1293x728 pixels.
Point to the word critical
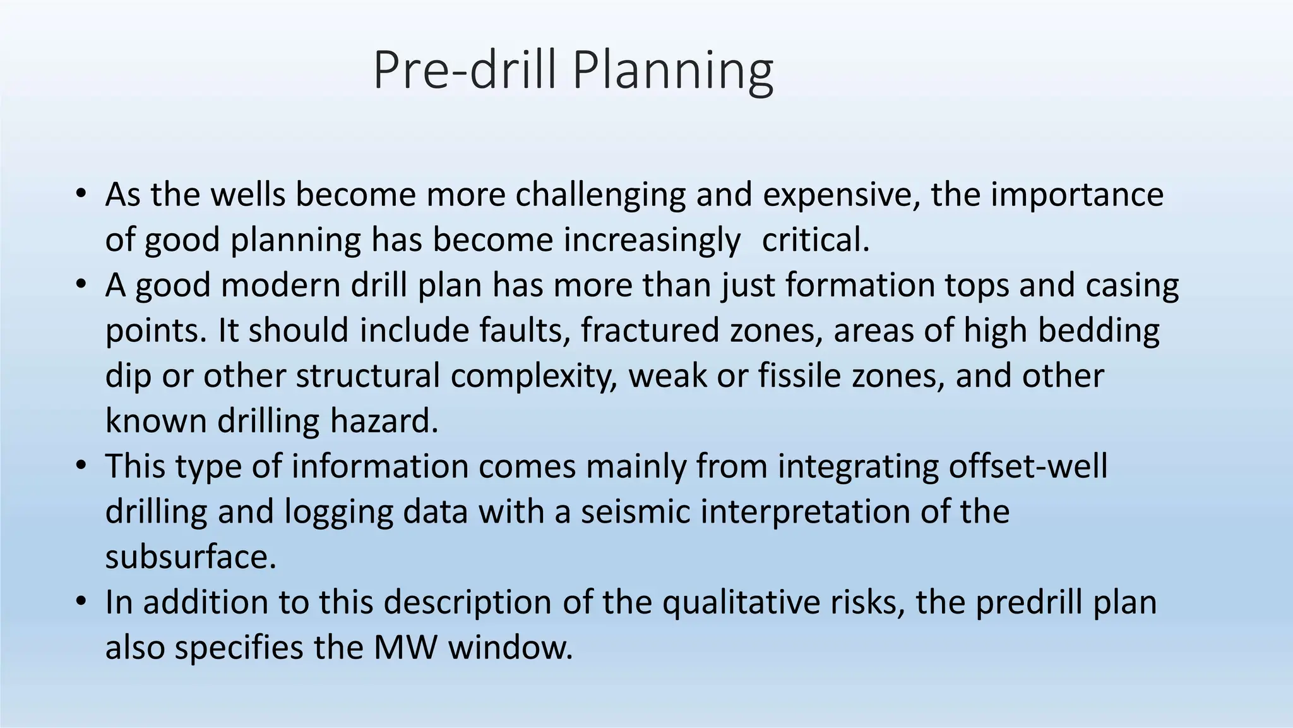tap(816, 240)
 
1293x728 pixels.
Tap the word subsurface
tap(191, 557)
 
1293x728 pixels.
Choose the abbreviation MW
tap(405, 648)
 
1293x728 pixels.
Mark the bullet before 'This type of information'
tap(80, 466)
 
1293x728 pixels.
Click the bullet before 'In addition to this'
tap(80, 602)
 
